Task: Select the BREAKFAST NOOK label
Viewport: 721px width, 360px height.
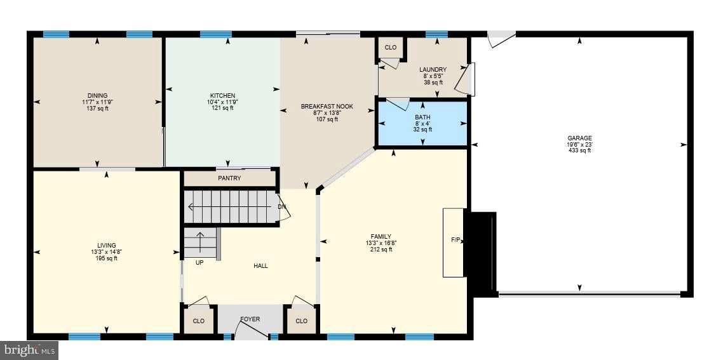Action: point(327,106)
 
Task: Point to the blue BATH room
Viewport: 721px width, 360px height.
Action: point(422,123)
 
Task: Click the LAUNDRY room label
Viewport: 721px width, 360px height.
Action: point(432,70)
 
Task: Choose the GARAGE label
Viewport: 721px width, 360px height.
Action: point(579,138)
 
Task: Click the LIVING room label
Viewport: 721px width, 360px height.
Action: point(106,246)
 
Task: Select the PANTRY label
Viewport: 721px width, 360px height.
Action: point(229,178)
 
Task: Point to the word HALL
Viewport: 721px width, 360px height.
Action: point(260,266)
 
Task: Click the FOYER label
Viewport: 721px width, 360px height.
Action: point(250,319)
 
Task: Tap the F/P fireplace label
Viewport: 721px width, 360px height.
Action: point(455,240)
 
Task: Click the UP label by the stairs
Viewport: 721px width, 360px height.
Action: point(199,262)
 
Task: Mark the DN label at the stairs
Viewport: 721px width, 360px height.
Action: point(282,207)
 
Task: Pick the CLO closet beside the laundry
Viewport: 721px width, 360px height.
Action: point(391,48)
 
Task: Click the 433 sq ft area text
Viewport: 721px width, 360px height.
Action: point(579,150)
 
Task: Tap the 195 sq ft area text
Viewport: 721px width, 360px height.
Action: point(106,258)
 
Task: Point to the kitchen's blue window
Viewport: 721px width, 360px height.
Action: point(216,34)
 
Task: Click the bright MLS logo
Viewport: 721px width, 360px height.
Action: point(29,350)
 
